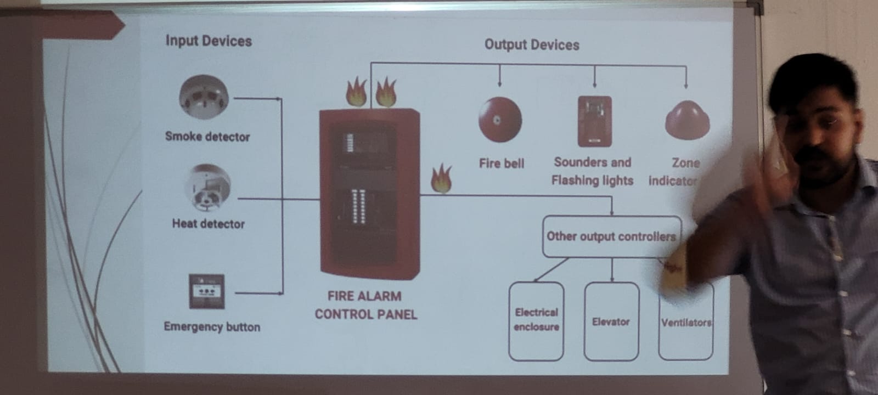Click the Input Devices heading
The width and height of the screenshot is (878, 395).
pyautogui.click(x=209, y=41)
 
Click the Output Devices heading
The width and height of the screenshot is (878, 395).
pyautogui.click(x=531, y=45)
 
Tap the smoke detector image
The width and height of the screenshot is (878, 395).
pyautogui.click(x=204, y=97)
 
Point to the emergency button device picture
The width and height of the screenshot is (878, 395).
pyautogui.click(x=206, y=291)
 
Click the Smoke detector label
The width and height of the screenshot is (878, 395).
pyautogui.click(x=207, y=137)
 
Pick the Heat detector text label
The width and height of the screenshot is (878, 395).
pyautogui.click(x=209, y=224)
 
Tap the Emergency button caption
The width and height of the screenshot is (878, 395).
pyautogui.click(x=212, y=327)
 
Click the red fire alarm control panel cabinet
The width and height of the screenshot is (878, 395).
pyautogui.click(x=369, y=192)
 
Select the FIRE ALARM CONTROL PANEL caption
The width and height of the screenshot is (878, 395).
pyautogui.click(x=365, y=305)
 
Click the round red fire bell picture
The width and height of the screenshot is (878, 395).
pyautogui.click(x=499, y=120)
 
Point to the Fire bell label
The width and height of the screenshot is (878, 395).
pyautogui.click(x=502, y=163)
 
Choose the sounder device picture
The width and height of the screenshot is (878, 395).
pyautogui.click(x=594, y=121)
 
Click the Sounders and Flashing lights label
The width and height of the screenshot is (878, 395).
pyautogui.click(x=593, y=171)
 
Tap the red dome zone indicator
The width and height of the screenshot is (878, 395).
pyautogui.click(x=686, y=120)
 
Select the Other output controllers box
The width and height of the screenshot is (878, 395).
pyautogui.click(x=611, y=236)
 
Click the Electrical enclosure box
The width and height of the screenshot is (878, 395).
pyautogui.click(x=536, y=321)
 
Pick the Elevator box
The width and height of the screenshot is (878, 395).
pyautogui.click(x=611, y=321)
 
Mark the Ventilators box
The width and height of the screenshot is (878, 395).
pyautogui.click(x=685, y=323)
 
